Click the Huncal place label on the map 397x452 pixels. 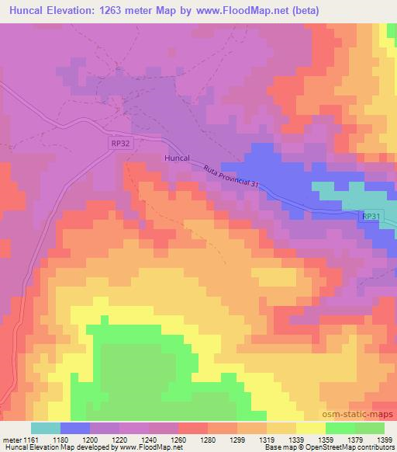pos(177,157)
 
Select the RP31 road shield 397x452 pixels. pos(372,218)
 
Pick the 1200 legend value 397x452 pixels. pos(90,440)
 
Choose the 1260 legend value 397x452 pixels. pos(178,440)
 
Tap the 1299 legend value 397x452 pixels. pos(237,440)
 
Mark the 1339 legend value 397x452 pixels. pos(296,440)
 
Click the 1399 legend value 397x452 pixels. pos(384,440)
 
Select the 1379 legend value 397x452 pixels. pos(355,440)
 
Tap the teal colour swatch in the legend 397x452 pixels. pos(46,428)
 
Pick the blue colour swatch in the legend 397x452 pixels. pos(75,428)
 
